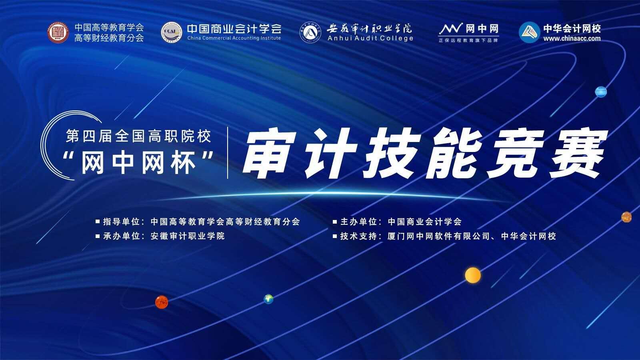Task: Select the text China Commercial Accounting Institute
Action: pyautogui.click(x=234, y=38)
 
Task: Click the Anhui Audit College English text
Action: pyautogui.click(x=370, y=38)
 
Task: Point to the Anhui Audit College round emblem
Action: pyautogui.click(x=310, y=32)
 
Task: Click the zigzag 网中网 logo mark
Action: pyautogui.click(x=450, y=29)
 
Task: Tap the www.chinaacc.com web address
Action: pyautogui.click(x=572, y=38)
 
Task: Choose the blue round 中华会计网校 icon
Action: pyautogui.click(x=529, y=32)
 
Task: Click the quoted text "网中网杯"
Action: pyautogui.click(x=138, y=163)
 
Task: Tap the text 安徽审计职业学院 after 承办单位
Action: pyautogui.click(x=188, y=236)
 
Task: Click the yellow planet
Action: pyautogui.click(x=473, y=275)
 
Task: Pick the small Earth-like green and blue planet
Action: pyautogui.click(x=268, y=298)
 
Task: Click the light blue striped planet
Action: pyautogui.click(x=600, y=92)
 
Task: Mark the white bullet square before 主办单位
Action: pyautogui.click(x=335, y=222)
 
